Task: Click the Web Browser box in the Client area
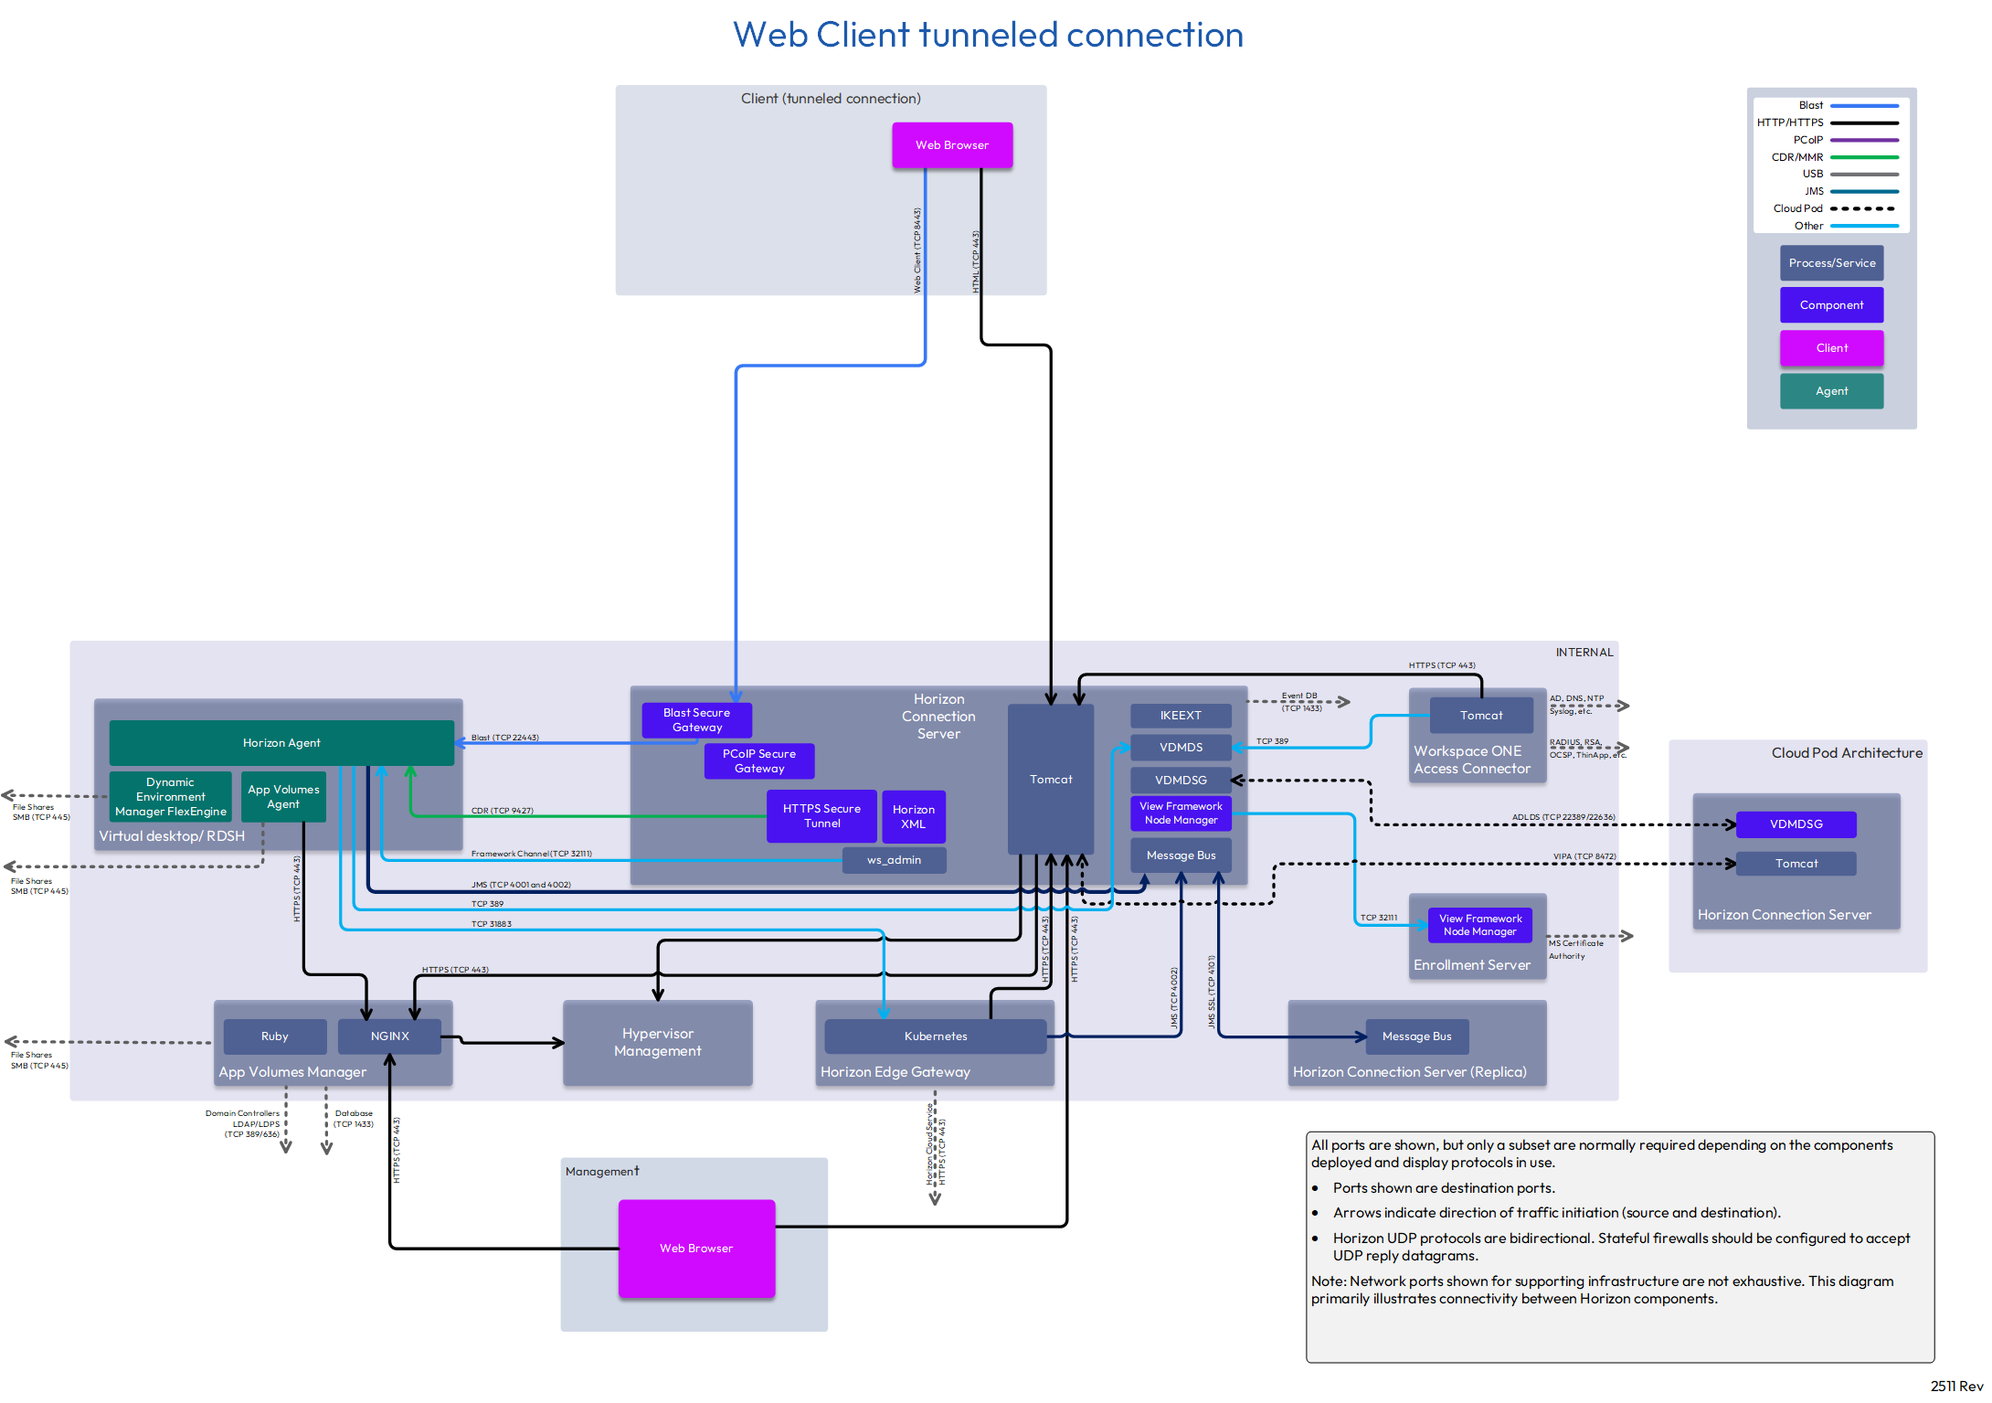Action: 952,145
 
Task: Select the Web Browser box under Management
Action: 696,1248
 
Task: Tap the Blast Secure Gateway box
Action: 696,720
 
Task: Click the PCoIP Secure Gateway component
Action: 759,761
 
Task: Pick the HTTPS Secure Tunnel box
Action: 821,816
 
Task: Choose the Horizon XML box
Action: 914,817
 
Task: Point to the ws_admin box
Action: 894,860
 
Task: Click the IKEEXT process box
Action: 1181,716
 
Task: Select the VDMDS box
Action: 1181,748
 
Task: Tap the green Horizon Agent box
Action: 281,743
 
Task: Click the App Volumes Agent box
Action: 283,797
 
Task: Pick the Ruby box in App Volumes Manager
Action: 274,1036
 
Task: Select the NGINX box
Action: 390,1036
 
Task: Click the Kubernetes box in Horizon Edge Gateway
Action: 936,1036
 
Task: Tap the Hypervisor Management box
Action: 658,1043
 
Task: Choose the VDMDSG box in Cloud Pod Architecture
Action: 1796,824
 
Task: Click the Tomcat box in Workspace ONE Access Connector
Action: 1481,716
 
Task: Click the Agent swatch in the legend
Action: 1831,391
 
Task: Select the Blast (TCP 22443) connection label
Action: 505,738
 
